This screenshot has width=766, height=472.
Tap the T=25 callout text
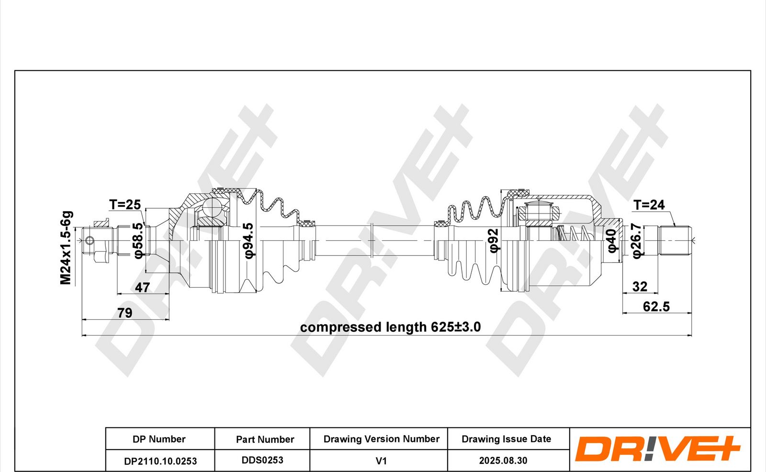pyautogui.click(x=125, y=204)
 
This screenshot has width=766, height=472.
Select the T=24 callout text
pyautogui.click(x=649, y=205)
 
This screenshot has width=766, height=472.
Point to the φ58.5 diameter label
pyautogui.click(x=137, y=240)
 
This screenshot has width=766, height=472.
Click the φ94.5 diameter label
pyautogui.click(x=249, y=240)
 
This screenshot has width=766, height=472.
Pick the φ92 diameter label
pyautogui.click(x=494, y=240)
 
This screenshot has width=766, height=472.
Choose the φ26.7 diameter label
pyautogui.click(x=636, y=241)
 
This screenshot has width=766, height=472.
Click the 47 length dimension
pyautogui.click(x=142, y=287)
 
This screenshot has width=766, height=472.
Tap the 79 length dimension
pyautogui.click(x=125, y=313)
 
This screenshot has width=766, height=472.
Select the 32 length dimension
pyautogui.click(x=640, y=287)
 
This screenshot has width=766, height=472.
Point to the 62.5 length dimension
pyautogui.click(x=656, y=306)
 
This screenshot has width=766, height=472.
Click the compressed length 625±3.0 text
pyautogui.click(x=391, y=327)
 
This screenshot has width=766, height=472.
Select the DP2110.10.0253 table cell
pyautogui.click(x=160, y=461)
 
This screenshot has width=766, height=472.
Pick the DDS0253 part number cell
pyautogui.click(x=262, y=461)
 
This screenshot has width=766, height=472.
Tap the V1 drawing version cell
pyautogui.click(x=381, y=461)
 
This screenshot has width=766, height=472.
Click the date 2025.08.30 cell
pyautogui.click(x=503, y=461)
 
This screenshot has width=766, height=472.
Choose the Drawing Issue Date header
pyautogui.click(x=506, y=439)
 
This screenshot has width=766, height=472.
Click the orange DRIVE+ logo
pyautogui.click(x=658, y=448)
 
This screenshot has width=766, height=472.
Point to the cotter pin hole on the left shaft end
pyautogui.click(x=90, y=240)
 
